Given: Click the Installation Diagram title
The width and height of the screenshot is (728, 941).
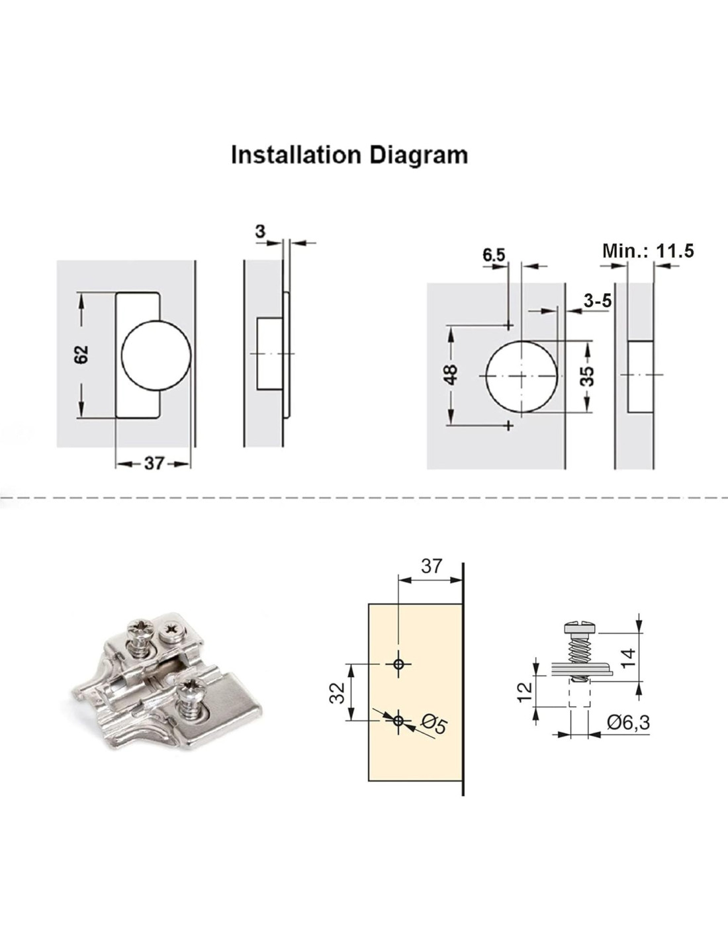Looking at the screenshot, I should [x=349, y=155].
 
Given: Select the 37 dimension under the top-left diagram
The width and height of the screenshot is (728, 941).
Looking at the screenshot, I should [x=154, y=463].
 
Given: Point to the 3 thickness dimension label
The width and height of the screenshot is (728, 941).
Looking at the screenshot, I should [x=260, y=232].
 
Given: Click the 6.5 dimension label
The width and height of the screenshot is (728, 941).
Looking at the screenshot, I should [x=494, y=255].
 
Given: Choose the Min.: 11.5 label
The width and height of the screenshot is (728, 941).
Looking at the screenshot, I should [x=647, y=251].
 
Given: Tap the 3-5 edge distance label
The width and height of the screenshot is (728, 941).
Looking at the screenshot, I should [x=598, y=301].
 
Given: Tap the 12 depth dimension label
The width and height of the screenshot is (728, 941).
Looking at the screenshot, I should [x=524, y=691].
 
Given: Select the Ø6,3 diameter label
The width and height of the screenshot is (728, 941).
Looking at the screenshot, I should [x=627, y=723].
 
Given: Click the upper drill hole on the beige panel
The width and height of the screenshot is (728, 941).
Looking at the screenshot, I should [x=398, y=664].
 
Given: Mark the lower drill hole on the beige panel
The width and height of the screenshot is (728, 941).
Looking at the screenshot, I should [x=398, y=721].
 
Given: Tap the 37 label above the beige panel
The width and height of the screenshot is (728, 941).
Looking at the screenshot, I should [x=431, y=566].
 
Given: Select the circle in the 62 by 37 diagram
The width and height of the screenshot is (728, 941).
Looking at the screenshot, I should [x=157, y=353].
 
